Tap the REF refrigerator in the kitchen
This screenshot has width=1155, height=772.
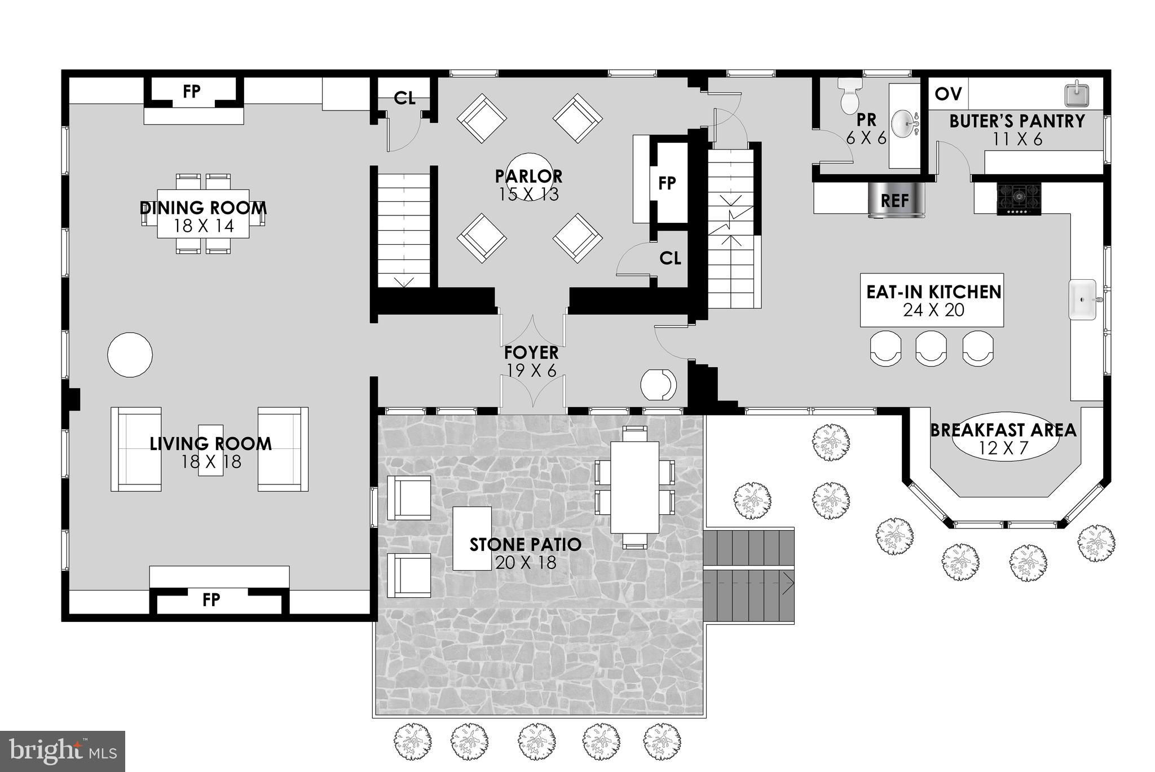895,200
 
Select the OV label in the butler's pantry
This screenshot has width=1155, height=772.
949,94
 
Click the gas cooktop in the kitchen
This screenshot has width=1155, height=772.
1019,198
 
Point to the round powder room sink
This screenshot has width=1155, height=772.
906,123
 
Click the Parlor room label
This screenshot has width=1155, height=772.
528,185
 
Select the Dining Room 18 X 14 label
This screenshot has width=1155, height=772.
203,217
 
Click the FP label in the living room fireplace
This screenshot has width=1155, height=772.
211,599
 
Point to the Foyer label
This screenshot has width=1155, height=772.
531,361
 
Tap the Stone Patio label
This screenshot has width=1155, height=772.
526,553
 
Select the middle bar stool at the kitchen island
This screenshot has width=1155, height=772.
931,348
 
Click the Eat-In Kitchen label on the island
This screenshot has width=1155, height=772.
934,301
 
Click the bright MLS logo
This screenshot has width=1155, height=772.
63,751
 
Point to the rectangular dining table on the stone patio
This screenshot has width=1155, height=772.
635,488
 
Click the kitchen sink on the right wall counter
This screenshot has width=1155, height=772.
1083,300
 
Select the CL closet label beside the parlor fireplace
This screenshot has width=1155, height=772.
670,258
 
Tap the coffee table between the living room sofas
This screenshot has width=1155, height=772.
210,451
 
